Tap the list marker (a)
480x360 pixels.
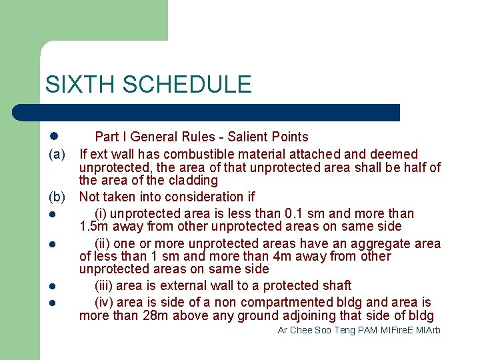(56, 154)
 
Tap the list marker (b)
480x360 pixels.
(56, 197)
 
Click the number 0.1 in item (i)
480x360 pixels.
(296, 214)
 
